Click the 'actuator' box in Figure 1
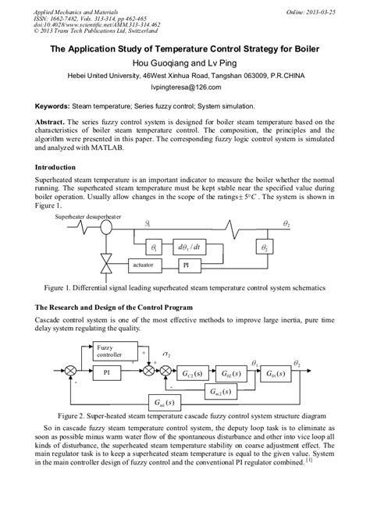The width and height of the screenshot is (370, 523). (144, 265)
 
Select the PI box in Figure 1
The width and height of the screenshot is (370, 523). (187, 265)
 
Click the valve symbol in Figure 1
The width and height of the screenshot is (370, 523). (105, 266)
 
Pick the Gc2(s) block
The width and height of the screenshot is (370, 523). (192, 372)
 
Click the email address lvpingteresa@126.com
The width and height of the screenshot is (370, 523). (185, 88)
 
